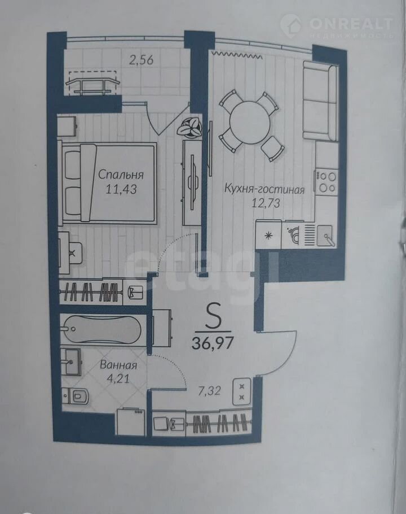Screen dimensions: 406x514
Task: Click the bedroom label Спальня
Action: [x=121, y=175]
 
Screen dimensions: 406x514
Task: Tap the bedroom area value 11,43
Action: [x=121, y=189]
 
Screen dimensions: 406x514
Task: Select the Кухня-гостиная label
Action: [x=264, y=189]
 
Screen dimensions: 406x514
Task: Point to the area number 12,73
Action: [x=266, y=203]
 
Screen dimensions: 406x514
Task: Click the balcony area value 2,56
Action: [x=141, y=60]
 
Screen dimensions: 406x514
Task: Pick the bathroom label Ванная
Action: [x=118, y=365]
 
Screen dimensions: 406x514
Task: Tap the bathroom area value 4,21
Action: [x=118, y=378]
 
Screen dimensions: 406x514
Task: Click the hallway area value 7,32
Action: [x=209, y=391]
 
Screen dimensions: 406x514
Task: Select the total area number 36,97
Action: [x=213, y=343]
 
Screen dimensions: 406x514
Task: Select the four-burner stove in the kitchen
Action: [x=326, y=182]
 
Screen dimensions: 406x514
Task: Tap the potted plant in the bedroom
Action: [x=189, y=127]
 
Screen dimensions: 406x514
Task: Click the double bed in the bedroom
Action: [x=107, y=184]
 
